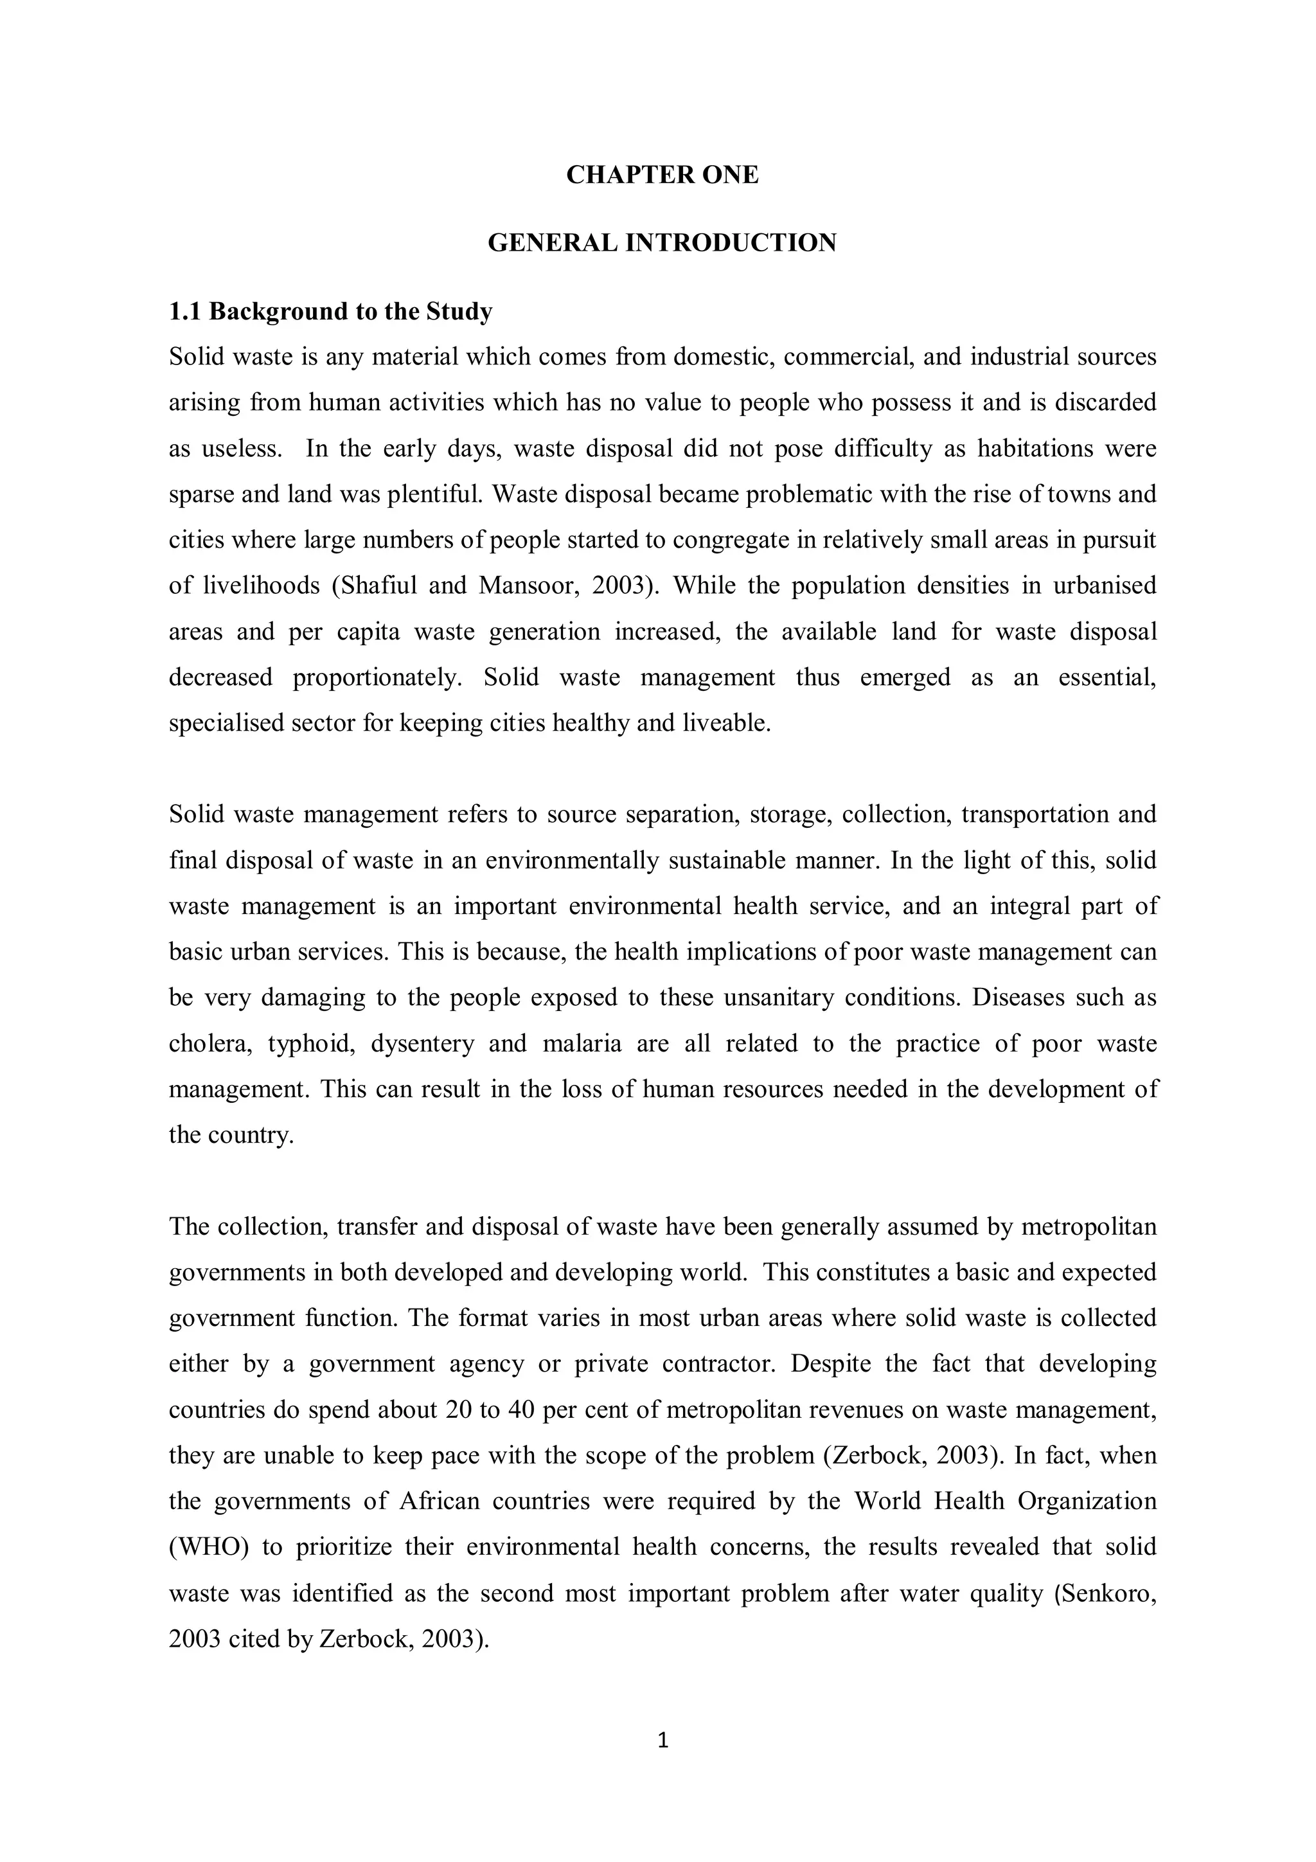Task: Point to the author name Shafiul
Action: [x=378, y=586]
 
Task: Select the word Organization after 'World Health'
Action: [x=1087, y=1501]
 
